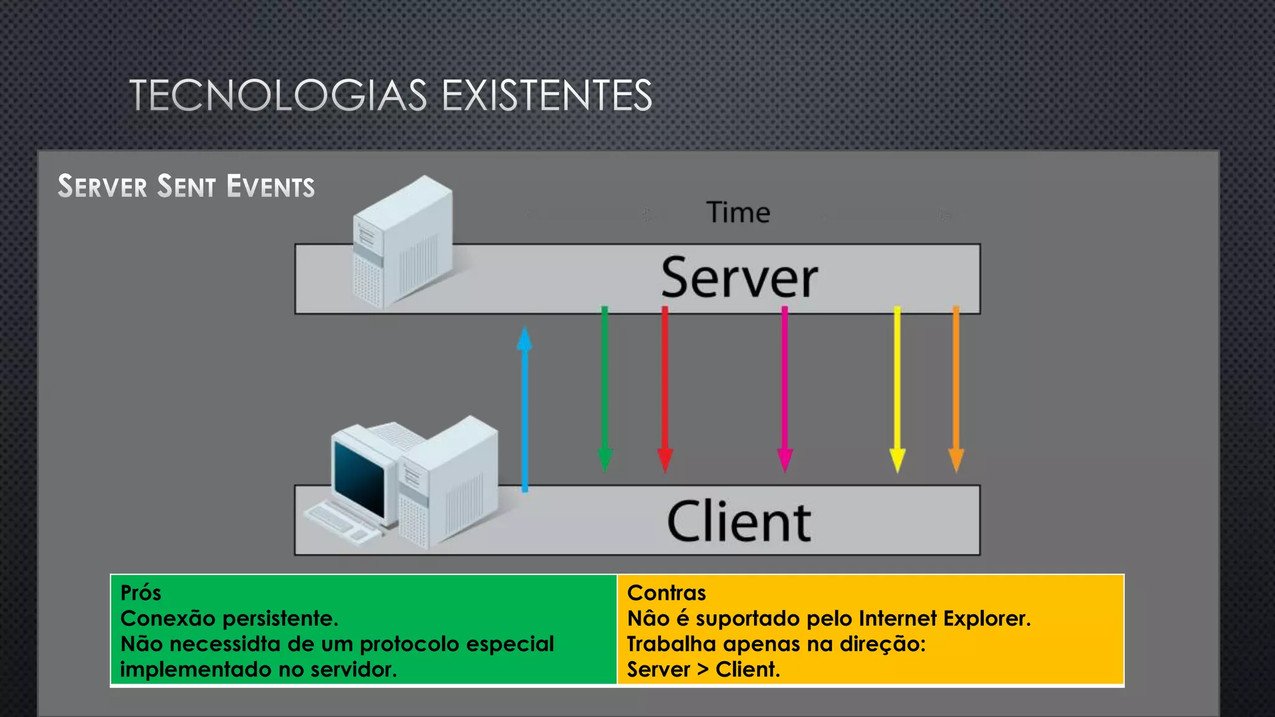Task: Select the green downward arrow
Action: click(x=605, y=389)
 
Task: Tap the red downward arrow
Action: click(x=665, y=389)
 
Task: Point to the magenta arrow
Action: click(x=784, y=389)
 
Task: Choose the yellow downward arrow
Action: click(x=897, y=389)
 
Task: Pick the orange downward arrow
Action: click(x=956, y=389)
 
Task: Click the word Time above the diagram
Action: click(x=738, y=213)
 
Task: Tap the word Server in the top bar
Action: click(x=739, y=278)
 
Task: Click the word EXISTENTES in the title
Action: click(x=547, y=96)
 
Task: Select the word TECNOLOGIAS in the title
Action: click(x=278, y=96)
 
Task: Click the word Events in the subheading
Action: click(x=271, y=187)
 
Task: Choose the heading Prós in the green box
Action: click(x=141, y=593)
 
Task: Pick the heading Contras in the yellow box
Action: click(x=666, y=593)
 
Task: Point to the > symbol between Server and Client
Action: click(x=703, y=669)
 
